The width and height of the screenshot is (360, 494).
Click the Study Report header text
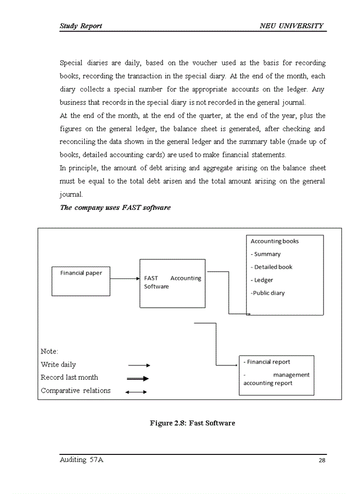(x=81, y=26)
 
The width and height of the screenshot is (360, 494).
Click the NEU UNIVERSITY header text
(x=292, y=26)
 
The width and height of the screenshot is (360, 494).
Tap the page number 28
(x=322, y=461)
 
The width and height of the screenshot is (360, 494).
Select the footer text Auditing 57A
(x=81, y=460)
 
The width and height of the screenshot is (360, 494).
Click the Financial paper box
(x=81, y=281)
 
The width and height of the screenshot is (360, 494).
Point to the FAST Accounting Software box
(x=172, y=283)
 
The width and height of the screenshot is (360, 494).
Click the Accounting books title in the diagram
(x=274, y=241)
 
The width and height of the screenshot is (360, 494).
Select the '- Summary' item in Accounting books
(x=265, y=254)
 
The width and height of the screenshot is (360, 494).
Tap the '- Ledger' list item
(x=262, y=280)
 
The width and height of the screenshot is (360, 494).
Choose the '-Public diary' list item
(x=267, y=293)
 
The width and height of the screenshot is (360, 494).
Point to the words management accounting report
(x=276, y=379)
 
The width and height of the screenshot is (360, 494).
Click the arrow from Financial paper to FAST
(x=125, y=278)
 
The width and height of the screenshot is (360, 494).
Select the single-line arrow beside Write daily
(x=139, y=365)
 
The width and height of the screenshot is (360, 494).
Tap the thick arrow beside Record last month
(x=138, y=378)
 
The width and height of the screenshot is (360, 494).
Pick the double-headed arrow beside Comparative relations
(x=136, y=392)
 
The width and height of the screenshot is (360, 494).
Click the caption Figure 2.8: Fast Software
(x=192, y=423)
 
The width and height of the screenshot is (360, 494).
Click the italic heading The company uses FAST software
(x=115, y=208)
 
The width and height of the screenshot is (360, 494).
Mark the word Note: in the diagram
(x=49, y=351)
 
